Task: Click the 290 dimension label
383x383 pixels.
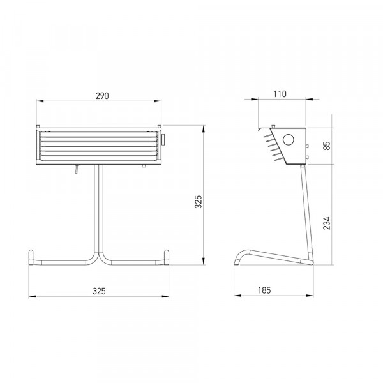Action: tap(102, 96)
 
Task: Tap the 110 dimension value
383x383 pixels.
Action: tap(280, 94)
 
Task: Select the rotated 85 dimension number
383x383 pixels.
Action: tap(327, 146)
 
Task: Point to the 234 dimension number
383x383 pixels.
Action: tap(327, 223)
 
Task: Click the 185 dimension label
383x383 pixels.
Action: tap(264, 290)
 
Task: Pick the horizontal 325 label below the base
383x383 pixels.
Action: tap(99, 291)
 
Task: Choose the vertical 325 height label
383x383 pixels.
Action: tap(199, 202)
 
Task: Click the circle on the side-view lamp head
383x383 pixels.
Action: tap(289, 140)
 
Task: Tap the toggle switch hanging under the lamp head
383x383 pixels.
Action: tap(77, 169)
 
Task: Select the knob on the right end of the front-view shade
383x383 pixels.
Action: tap(163, 140)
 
